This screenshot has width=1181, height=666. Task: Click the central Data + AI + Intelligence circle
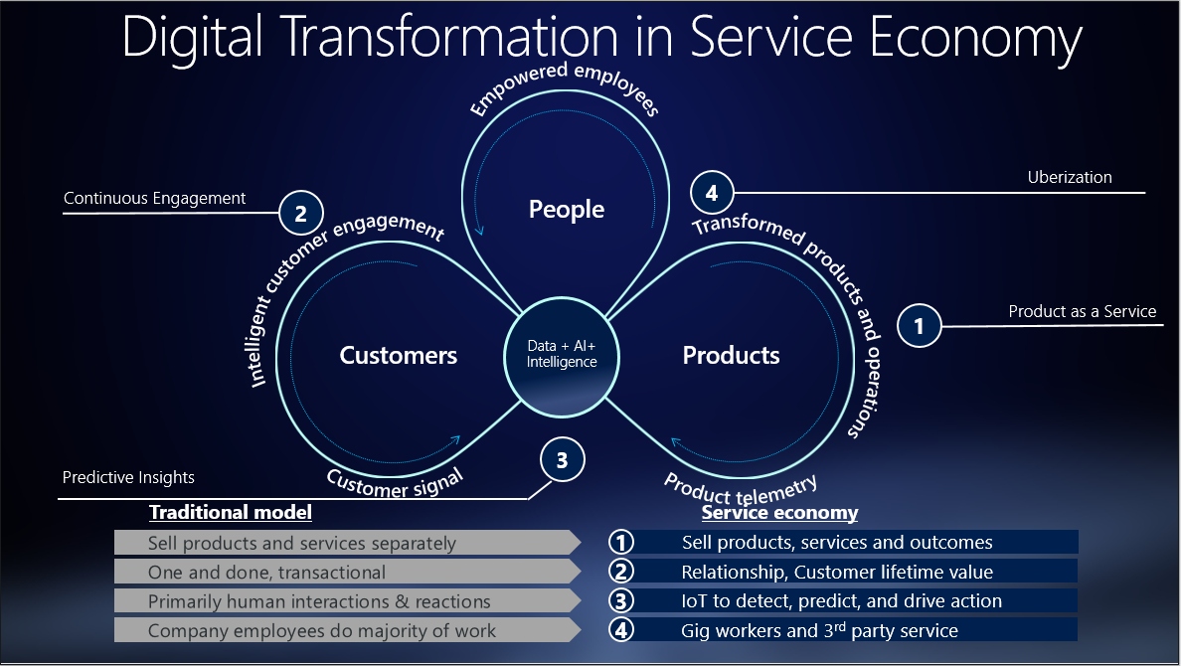coord(562,355)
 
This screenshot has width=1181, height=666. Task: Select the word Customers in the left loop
coord(398,355)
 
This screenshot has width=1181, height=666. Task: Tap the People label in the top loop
coord(567,209)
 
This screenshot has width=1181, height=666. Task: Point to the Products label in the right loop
coord(731,355)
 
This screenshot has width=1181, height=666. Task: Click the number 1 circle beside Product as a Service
coord(919,325)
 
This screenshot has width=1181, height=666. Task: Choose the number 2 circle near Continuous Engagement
coord(300,212)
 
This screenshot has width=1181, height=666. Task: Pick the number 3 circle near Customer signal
coord(562,460)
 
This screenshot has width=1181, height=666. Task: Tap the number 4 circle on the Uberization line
coord(711,193)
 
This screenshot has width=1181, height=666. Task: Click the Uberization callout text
coord(1070,177)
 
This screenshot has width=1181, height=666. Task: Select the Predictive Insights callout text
coord(128,477)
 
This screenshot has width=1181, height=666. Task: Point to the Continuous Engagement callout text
coord(154,198)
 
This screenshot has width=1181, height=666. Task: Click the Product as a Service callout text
coord(1083,311)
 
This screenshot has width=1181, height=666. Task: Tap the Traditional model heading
coord(231,513)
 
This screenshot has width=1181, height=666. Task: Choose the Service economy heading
coord(779,513)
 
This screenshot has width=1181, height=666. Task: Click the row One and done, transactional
coord(266,572)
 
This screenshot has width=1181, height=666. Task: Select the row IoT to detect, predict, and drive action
coord(841,600)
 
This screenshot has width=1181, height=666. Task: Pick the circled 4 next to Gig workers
coord(621,630)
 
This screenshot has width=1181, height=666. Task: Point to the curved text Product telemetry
coord(741,486)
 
